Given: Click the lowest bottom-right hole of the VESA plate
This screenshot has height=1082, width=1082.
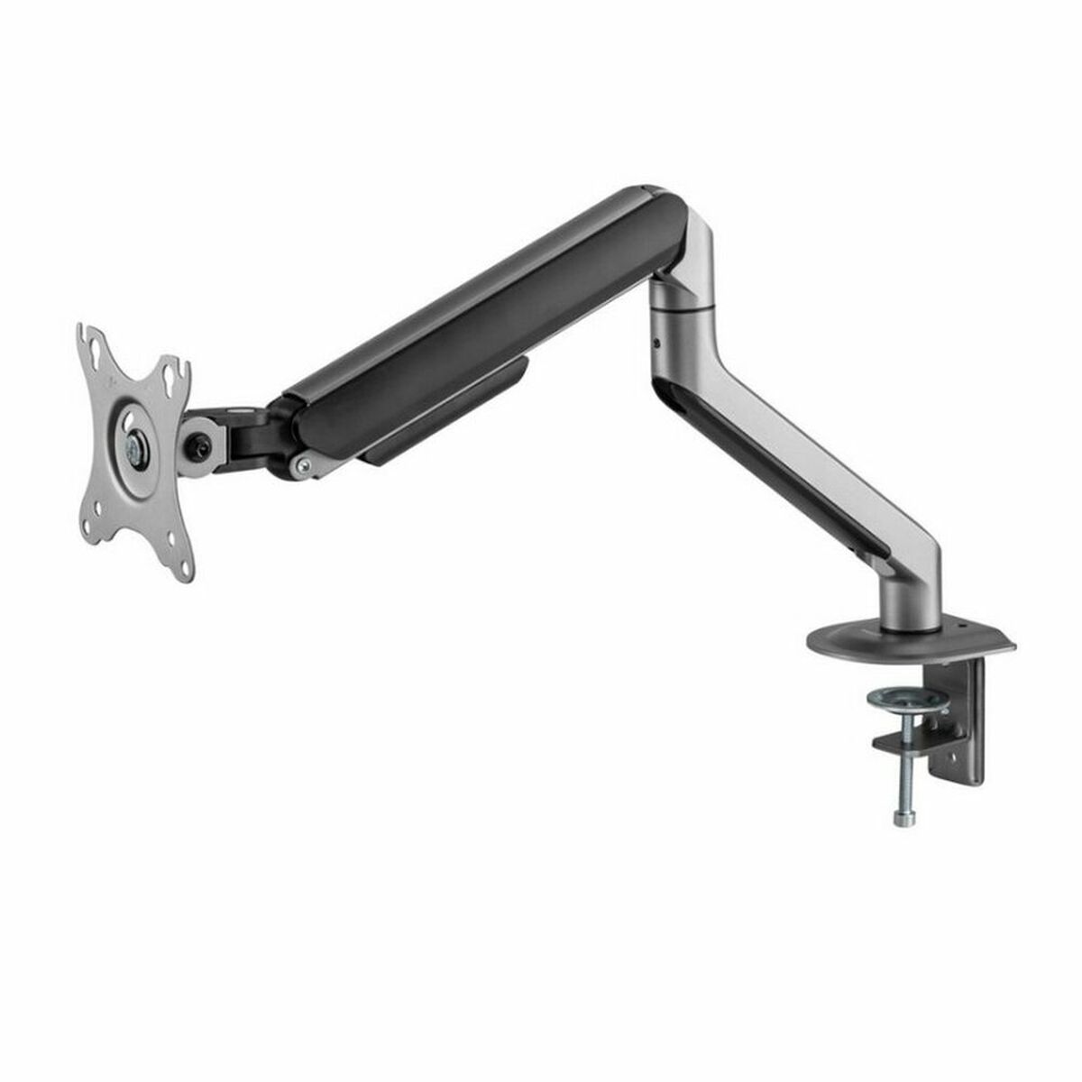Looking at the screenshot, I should click(187, 569).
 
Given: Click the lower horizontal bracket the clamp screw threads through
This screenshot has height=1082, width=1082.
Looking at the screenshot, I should click(911, 741).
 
